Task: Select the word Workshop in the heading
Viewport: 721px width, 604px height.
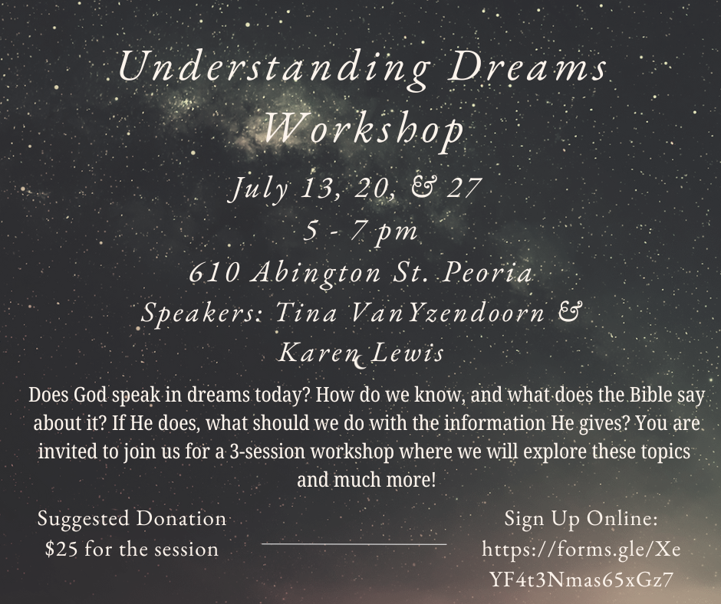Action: (364, 129)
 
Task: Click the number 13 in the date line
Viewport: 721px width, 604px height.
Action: (314, 188)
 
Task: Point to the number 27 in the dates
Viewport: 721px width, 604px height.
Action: (464, 188)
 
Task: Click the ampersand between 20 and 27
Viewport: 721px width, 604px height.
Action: (421, 189)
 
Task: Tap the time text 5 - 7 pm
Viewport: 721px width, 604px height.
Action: (360, 231)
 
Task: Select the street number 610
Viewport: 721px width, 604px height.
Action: (214, 273)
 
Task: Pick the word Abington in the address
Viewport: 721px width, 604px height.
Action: (316, 274)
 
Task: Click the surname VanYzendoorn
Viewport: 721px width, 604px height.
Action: (446, 313)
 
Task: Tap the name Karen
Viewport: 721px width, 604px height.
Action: (318, 353)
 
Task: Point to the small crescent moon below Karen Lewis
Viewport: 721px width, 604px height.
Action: (359, 365)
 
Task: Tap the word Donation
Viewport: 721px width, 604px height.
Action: (181, 518)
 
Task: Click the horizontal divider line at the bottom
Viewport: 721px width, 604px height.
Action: (354, 543)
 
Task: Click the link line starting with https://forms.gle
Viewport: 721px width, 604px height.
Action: (581, 549)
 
